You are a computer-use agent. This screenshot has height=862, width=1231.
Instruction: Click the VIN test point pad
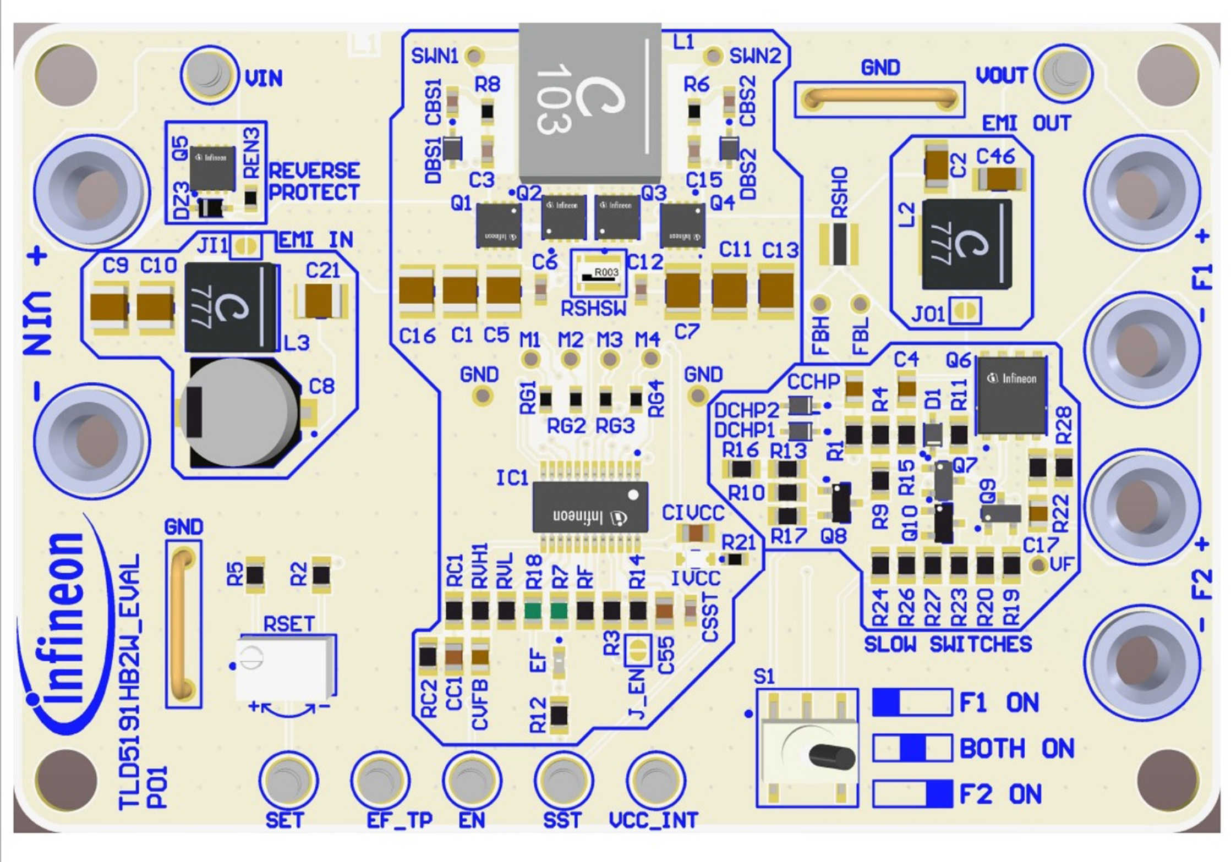[x=209, y=74]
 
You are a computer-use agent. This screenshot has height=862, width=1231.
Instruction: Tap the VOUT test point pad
[x=1063, y=73]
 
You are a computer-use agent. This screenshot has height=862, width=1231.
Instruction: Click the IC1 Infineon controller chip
[x=590, y=507]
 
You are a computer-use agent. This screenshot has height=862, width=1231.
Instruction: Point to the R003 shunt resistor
[x=599, y=275]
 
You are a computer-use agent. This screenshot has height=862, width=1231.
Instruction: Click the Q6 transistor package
[x=1011, y=395]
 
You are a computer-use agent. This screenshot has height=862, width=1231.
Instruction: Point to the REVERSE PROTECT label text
[x=314, y=182]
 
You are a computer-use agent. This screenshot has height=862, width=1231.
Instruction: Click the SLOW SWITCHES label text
[x=948, y=644]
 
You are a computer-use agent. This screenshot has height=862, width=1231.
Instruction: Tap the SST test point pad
[x=563, y=781]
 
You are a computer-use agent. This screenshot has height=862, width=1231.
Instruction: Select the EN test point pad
[x=472, y=781]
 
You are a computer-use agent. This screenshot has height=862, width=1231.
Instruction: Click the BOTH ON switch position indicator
[x=912, y=748]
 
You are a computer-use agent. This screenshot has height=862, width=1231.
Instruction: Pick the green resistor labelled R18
[x=532, y=611]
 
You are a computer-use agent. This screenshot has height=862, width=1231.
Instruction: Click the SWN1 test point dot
[x=474, y=56]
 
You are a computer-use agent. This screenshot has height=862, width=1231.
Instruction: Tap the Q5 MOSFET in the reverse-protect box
[x=212, y=168]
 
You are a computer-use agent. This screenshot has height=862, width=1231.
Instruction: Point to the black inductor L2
[x=966, y=244]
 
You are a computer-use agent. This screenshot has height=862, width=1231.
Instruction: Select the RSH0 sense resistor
[x=839, y=244]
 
